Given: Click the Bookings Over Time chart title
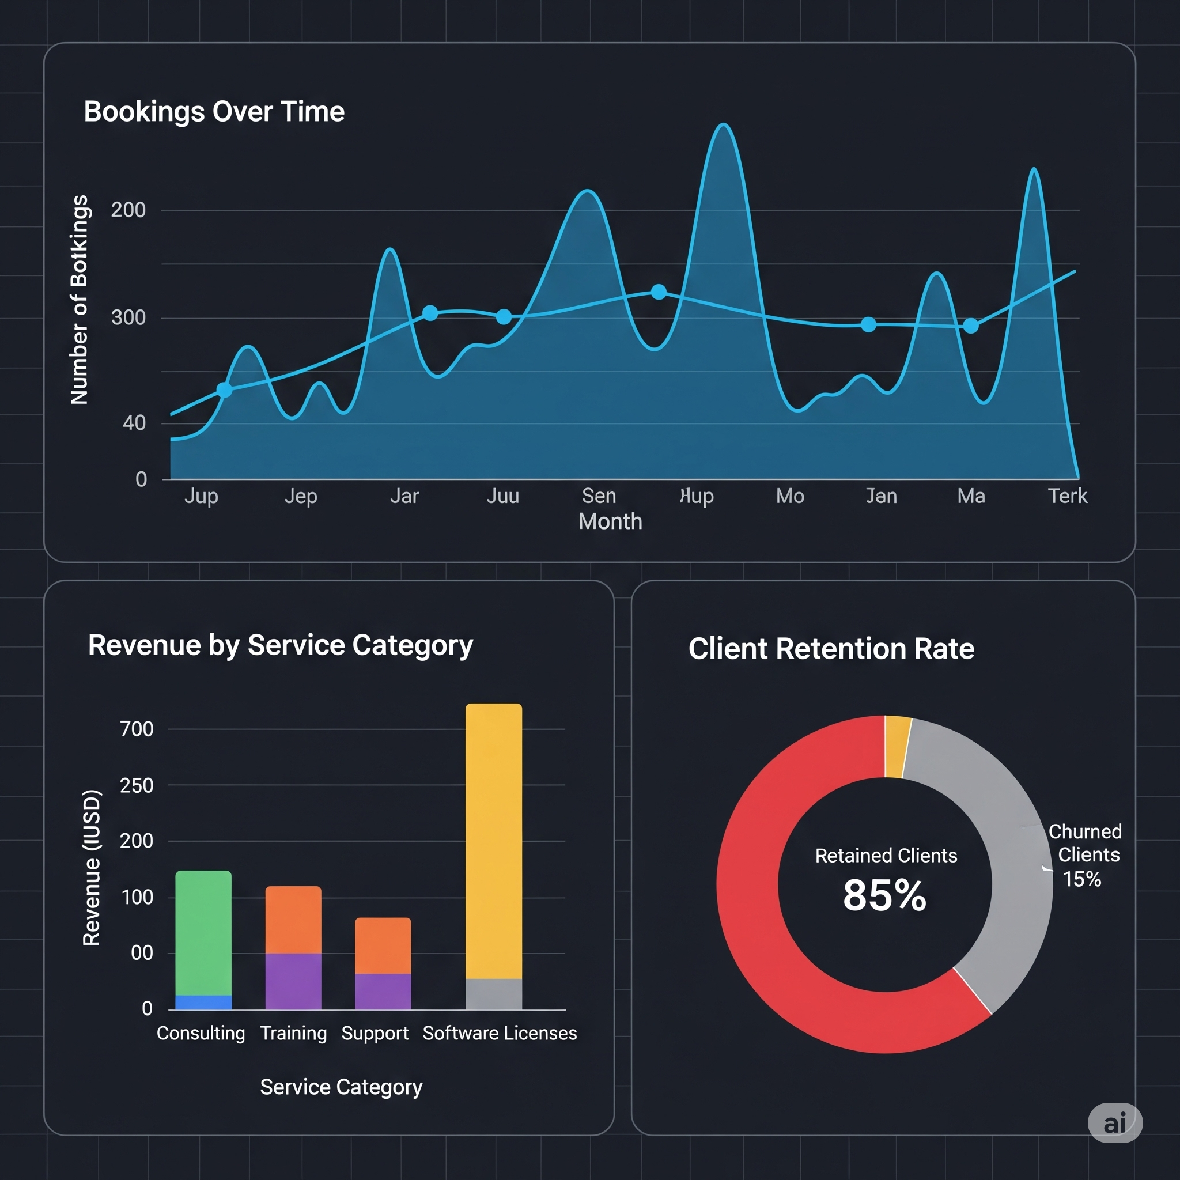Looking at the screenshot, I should point(214,112).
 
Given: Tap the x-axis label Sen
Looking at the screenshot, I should point(599,496).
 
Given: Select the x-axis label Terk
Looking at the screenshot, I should point(1067,496).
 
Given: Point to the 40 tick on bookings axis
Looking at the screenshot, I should point(134,423).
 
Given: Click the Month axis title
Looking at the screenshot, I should point(610,521).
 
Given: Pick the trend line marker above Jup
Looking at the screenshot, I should point(224,389).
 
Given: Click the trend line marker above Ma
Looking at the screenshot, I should point(970,326).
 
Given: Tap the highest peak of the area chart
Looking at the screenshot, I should point(723,126).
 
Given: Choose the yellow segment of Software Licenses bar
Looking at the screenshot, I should point(494,840).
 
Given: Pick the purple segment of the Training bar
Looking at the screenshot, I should point(293,980).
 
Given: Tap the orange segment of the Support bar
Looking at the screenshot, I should point(383,945).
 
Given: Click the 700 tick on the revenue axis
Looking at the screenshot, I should point(136,729).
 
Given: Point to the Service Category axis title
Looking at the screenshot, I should point(341,1087).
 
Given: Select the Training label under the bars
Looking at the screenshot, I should point(293,1033).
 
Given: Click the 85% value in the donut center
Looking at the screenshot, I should point(884,895).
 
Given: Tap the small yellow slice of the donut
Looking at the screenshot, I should point(897,746).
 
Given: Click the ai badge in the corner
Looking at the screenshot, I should point(1115,1122).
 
